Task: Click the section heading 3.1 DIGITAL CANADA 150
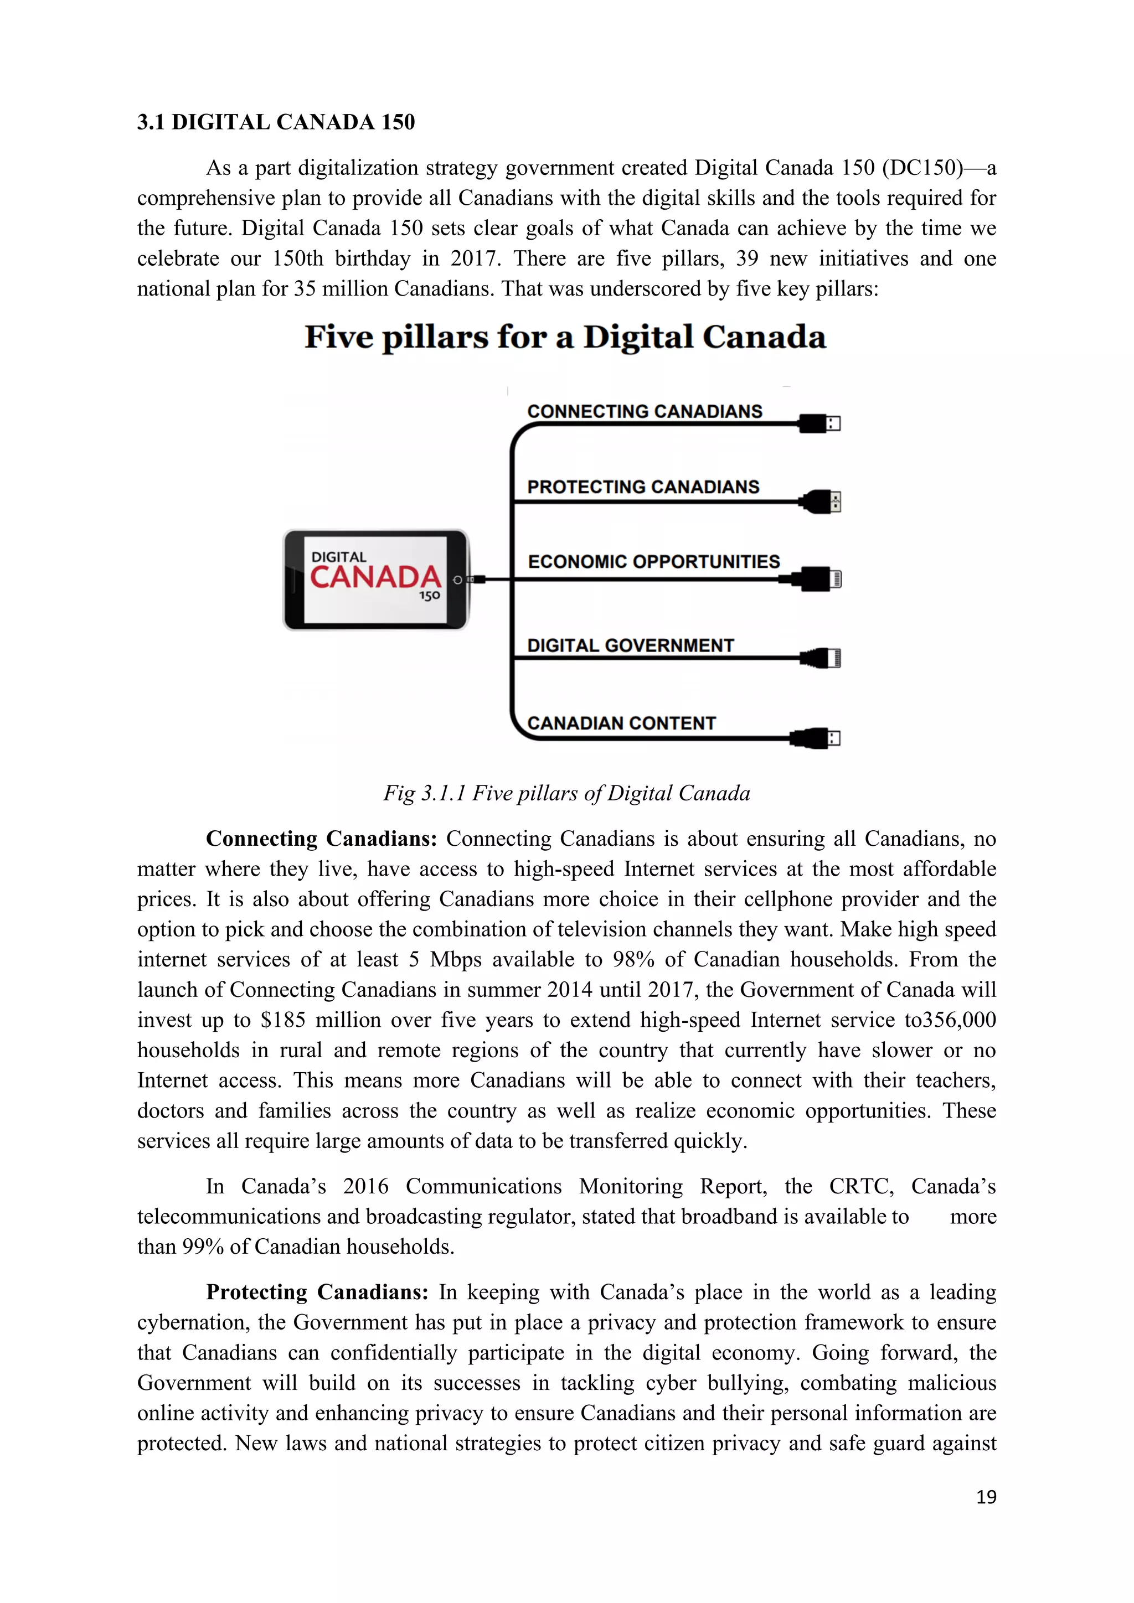pos(276,122)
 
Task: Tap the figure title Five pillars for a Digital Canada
pos(565,337)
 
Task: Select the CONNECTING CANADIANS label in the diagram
pos(644,411)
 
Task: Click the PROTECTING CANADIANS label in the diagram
pos(642,487)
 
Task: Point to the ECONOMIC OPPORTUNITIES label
pos(653,561)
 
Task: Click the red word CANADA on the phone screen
pos(375,577)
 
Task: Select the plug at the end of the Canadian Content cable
pos(816,738)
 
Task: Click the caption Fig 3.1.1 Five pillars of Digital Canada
pos(566,793)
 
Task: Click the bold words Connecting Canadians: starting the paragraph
pos(321,839)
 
